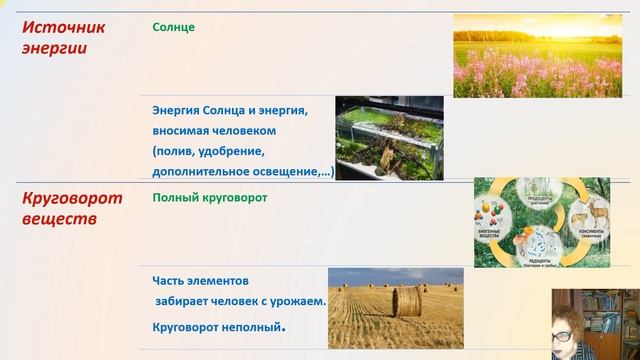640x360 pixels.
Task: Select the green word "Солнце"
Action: [173, 27]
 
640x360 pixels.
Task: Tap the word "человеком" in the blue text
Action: [239, 130]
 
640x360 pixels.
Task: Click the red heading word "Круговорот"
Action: [72, 197]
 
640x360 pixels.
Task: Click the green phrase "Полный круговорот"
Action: [210, 197]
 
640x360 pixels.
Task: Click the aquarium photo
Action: [388, 138]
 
